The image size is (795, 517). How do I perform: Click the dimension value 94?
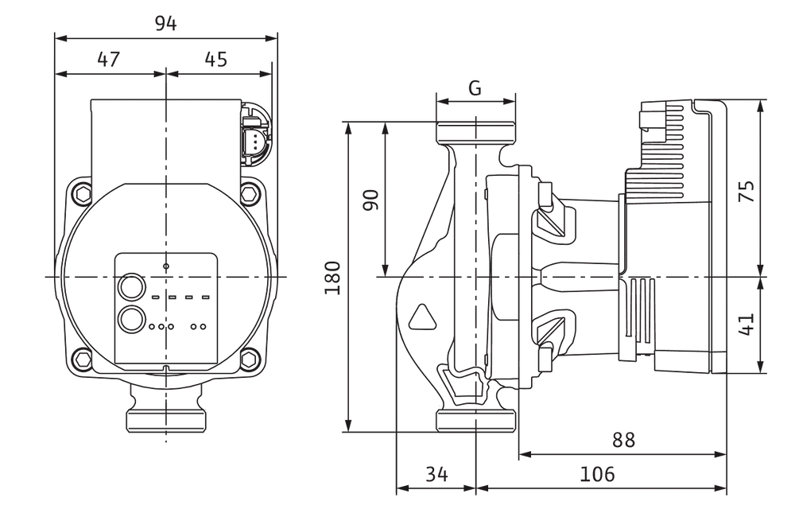click(x=166, y=23)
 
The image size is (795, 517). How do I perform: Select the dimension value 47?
click(x=108, y=60)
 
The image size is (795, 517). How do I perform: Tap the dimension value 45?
click(x=216, y=60)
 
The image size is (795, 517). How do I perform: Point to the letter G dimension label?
click(x=475, y=88)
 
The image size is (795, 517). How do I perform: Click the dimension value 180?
click(x=332, y=278)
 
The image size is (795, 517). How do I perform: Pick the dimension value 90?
click(x=371, y=200)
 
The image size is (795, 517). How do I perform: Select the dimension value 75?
click(x=747, y=191)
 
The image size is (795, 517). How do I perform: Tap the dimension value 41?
click(x=747, y=324)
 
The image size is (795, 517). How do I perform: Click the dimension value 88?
click(x=623, y=440)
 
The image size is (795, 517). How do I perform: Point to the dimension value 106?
click(x=597, y=474)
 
